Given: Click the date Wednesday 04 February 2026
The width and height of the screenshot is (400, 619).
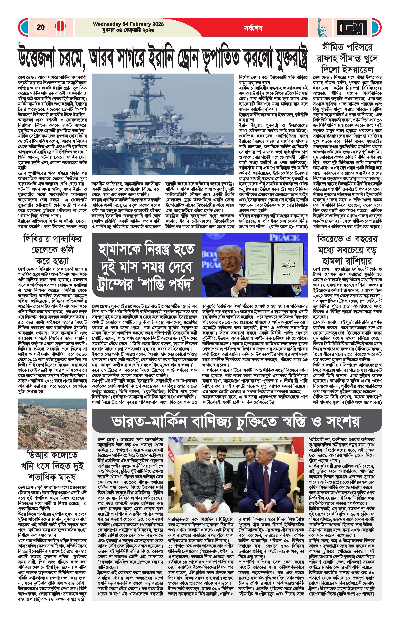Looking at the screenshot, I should tap(128, 24).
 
